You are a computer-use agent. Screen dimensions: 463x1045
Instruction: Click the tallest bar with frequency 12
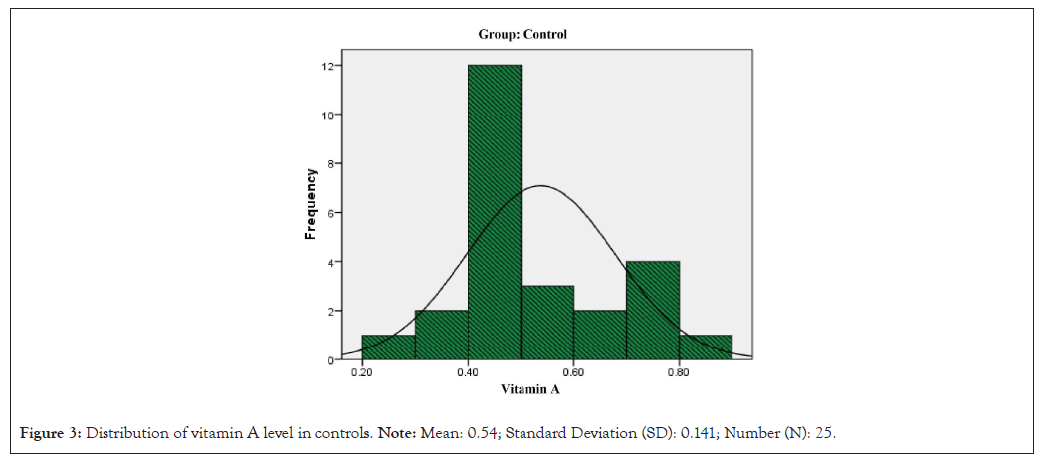(x=495, y=211)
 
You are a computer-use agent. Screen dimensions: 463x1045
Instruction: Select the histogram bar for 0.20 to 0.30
(x=388, y=347)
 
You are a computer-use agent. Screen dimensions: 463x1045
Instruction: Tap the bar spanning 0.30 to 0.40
(x=441, y=335)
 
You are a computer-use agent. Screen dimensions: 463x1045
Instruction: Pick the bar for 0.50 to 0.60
(x=547, y=323)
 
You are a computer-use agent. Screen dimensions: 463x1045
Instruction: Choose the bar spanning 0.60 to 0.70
(x=600, y=335)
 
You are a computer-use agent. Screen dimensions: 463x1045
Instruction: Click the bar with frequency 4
(x=653, y=310)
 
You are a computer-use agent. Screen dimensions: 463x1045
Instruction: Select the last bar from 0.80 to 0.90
(x=706, y=347)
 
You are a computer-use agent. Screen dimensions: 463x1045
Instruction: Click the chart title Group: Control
(x=522, y=34)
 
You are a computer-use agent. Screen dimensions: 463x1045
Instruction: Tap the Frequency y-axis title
(x=311, y=203)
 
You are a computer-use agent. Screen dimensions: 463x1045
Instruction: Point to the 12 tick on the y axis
(x=327, y=66)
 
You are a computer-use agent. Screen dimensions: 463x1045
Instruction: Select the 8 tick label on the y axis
(x=330, y=163)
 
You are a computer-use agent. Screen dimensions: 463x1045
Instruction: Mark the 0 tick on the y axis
(x=330, y=359)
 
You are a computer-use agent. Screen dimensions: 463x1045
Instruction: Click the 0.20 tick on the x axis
(x=362, y=373)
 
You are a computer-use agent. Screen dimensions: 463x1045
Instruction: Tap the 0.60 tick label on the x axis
(x=573, y=373)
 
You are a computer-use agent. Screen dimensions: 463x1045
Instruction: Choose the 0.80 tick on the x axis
(x=679, y=373)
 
